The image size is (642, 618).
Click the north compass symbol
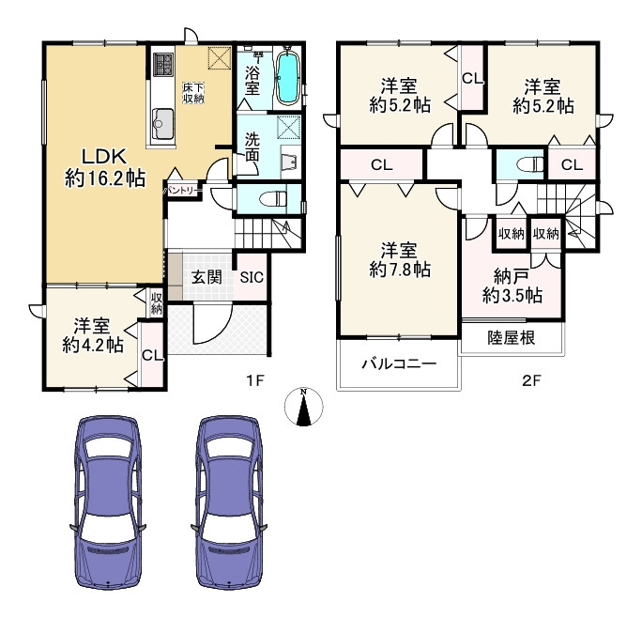(303, 407)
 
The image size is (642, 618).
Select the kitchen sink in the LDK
(163, 123)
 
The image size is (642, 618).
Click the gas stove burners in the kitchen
(163, 65)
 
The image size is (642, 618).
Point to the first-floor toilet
(274, 199)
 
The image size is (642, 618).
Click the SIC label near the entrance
(252, 277)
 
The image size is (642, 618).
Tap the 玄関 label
(206, 277)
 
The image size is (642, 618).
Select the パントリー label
(182, 191)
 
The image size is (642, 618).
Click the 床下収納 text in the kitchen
(193, 93)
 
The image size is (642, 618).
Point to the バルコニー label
(399, 363)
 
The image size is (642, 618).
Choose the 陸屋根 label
(512, 338)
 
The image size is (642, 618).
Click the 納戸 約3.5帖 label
(512, 286)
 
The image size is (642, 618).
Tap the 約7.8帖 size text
(400, 270)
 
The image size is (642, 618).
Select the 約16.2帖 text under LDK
(105, 178)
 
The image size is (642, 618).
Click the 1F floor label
(254, 381)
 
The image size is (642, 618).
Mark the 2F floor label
(531, 381)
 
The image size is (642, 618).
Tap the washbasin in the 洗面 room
(291, 161)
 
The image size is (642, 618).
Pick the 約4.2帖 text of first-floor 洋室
(93, 345)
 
